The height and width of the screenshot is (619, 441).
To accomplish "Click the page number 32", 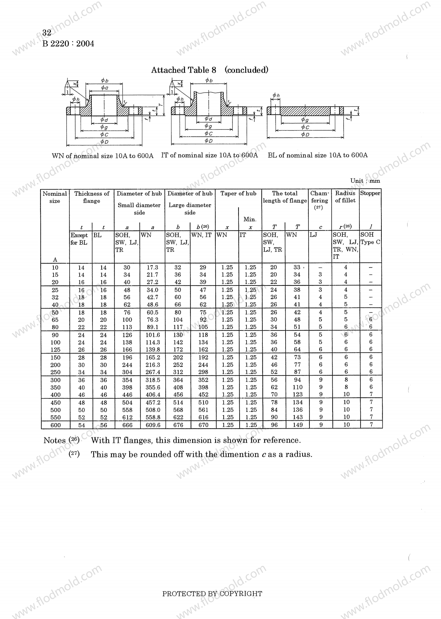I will tap(47, 33).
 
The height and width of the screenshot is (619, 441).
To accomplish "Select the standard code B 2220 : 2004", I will tap(68, 44).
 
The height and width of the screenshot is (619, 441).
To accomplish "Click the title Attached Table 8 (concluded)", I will tap(209, 70).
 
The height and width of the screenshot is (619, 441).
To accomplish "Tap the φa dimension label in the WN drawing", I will tap(104, 88).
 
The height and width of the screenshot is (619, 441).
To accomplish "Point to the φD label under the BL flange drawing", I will tap(305, 134).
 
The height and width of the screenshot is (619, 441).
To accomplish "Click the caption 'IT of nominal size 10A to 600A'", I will tap(209, 155).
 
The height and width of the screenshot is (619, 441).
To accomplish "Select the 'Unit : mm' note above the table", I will tap(365, 181).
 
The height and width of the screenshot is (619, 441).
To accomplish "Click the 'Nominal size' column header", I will tap(55, 197).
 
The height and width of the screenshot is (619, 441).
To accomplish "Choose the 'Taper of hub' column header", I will tap(238, 193).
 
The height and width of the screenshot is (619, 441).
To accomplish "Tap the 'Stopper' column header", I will tap(370, 193).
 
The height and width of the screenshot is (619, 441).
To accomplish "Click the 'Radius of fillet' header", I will tap(345, 197).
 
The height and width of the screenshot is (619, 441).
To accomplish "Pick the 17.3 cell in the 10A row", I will tap(152, 268).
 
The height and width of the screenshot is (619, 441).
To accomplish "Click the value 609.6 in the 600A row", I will tap(152, 425).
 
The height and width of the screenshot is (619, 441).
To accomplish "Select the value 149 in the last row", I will tap(298, 425).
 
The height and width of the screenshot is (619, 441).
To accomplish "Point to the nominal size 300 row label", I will tap(55, 380).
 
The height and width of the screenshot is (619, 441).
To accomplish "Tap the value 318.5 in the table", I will tap(152, 380).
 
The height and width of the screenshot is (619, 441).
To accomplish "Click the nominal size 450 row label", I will tap(55, 403).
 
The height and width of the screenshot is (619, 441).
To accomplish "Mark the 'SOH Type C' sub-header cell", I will tap(370, 238).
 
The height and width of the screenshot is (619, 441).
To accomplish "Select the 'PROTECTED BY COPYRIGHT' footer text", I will tap(212, 594).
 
